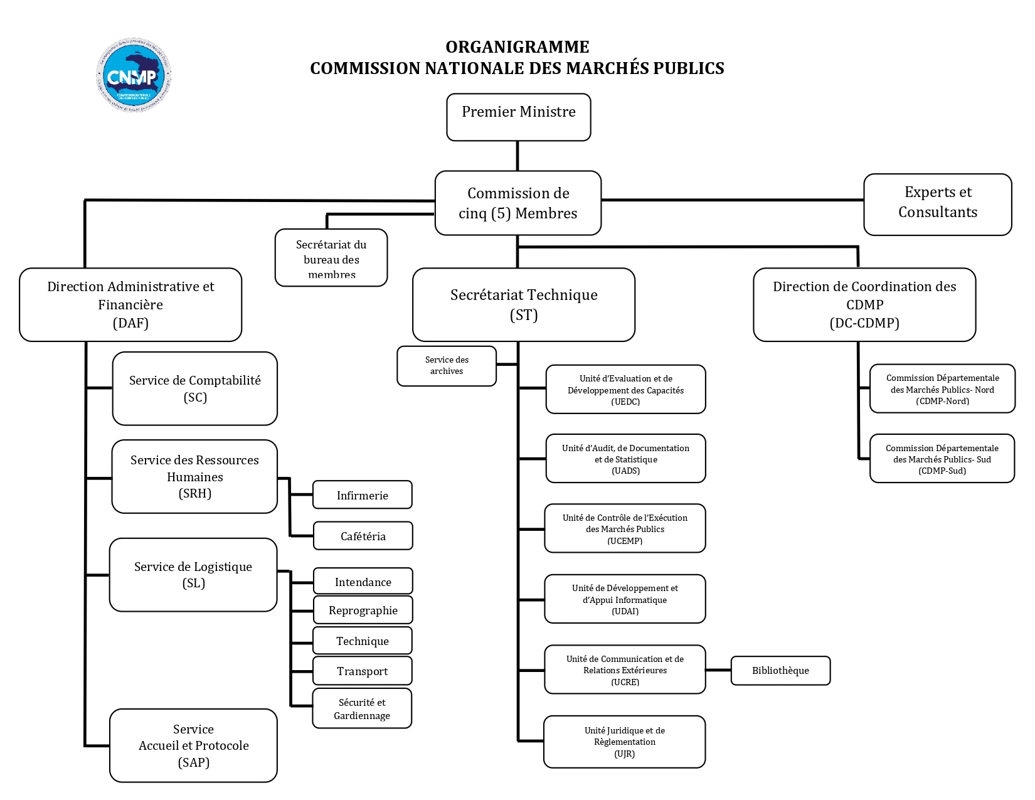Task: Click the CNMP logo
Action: click(134, 75)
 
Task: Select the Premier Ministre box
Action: click(518, 117)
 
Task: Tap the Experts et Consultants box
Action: click(937, 204)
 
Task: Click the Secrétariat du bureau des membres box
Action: click(331, 258)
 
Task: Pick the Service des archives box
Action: click(447, 366)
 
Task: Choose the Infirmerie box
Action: click(363, 495)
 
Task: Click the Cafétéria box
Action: click(363, 536)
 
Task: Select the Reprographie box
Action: click(363, 610)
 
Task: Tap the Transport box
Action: click(363, 671)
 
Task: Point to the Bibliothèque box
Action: click(780, 671)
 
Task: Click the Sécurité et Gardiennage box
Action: click(362, 708)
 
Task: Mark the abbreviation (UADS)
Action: click(625, 471)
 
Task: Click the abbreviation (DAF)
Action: click(130, 323)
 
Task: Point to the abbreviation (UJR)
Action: click(625, 754)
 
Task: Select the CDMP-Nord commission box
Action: click(942, 389)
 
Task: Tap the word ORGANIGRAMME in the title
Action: click(517, 47)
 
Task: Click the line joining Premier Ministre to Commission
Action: click(517, 156)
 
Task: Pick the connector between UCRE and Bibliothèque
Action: click(718, 670)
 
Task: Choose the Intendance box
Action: click(363, 582)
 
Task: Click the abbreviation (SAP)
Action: click(194, 762)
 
